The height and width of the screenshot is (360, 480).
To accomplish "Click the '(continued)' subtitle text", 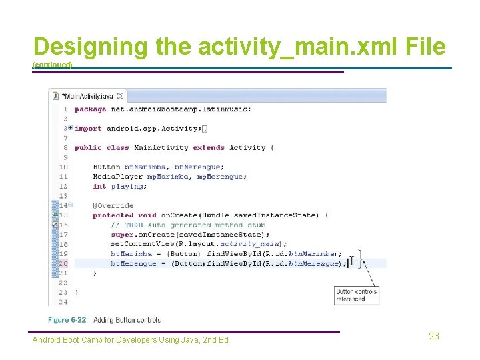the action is pyautogui.click(x=52, y=65).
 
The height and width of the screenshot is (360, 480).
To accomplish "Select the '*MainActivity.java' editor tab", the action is pyautogui.click(x=87, y=96).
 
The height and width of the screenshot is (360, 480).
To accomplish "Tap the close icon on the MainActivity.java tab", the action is pyautogui.click(x=120, y=96).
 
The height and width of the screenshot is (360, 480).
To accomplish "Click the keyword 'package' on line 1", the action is pyautogui.click(x=90, y=109).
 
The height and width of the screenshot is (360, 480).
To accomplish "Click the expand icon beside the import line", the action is pyautogui.click(x=70, y=128).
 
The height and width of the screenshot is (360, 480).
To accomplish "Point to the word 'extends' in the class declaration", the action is pyautogui.click(x=209, y=147).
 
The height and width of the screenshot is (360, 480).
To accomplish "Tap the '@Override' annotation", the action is pyautogui.click(x=113, y=206).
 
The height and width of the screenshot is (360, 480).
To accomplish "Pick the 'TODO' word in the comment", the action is pyautogui.click(x=134, y=225).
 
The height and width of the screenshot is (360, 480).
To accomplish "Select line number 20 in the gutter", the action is pyautogui.click(x=63, y=263).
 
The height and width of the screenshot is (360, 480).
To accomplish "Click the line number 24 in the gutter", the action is pyautogui.click(x=63, y=302).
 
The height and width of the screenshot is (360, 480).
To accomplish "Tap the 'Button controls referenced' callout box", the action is pyautogui.click(x=357, y=295).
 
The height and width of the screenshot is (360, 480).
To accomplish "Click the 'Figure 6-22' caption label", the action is pyautogui.click(x=67, y=320).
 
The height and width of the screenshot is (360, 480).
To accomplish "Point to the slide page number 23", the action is pyautogui.click(x=434, y=337).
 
